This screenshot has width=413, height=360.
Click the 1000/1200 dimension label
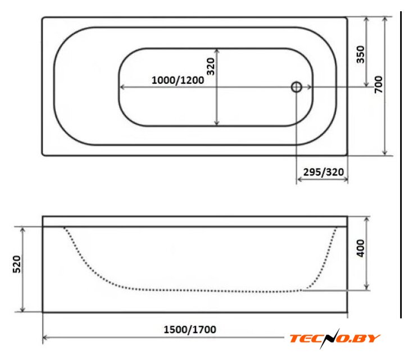[178, 80]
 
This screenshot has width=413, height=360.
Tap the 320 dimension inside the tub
[211, 67]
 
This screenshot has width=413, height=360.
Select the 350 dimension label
[360, 55]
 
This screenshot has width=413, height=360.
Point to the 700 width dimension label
[378, 84]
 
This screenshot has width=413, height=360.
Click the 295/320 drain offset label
[324, 172]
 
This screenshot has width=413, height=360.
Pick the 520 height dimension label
[17, 264]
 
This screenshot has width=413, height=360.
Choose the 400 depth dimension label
[360, 248]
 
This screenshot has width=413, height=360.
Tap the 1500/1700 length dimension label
[190, 330]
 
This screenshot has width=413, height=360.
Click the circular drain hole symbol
[296, 87]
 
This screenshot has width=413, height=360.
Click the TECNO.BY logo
[335, 338]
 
